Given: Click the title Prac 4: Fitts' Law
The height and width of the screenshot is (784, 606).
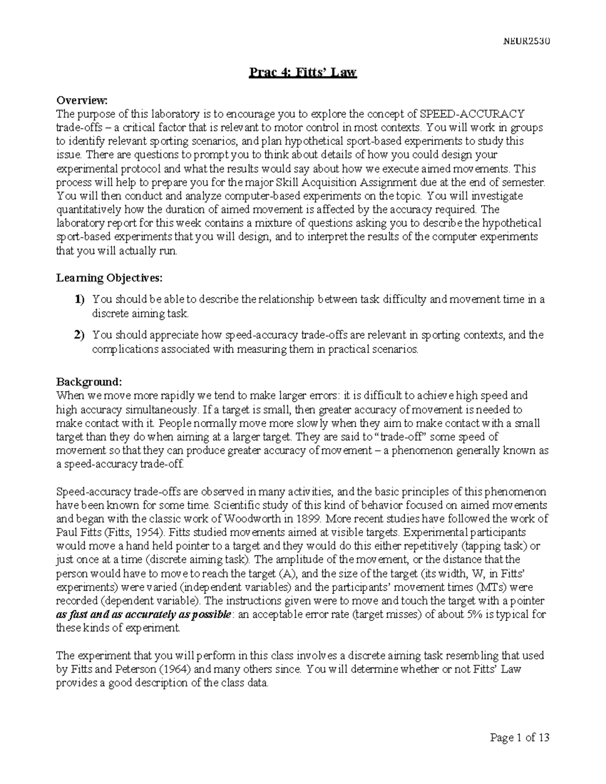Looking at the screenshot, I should point(303,73).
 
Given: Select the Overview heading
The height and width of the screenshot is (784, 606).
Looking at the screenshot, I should point(82,100).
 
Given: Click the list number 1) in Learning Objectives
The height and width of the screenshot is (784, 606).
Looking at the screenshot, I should point(80,299).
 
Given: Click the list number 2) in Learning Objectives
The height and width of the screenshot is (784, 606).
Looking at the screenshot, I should point(80,335).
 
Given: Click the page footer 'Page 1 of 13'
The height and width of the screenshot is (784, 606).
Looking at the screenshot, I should point(519,738).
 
